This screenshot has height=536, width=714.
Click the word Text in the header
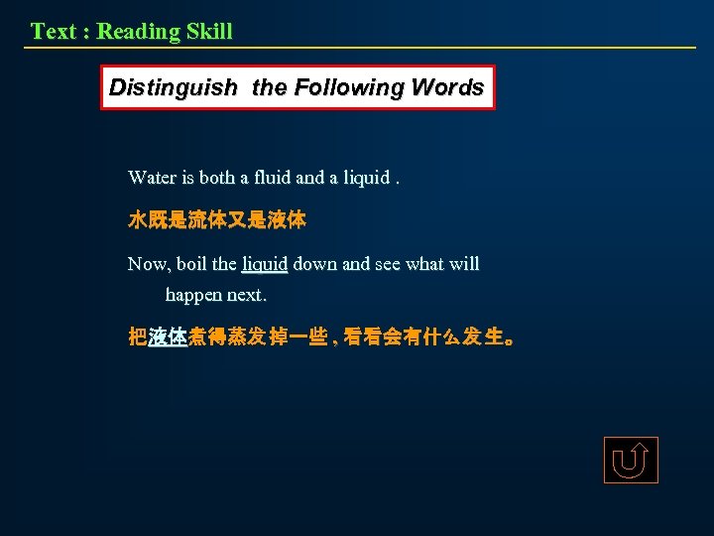54,31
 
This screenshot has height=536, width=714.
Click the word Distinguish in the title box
173,87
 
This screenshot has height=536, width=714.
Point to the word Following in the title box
340,87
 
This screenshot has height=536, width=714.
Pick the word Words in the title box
446,87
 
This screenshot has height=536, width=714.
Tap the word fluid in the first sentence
273,178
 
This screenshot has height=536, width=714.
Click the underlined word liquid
265,265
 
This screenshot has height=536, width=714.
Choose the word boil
191,264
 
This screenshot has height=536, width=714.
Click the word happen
194,296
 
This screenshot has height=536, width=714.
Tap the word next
247,296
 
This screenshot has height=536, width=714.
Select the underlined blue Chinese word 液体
168,337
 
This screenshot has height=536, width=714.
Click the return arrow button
631,461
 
